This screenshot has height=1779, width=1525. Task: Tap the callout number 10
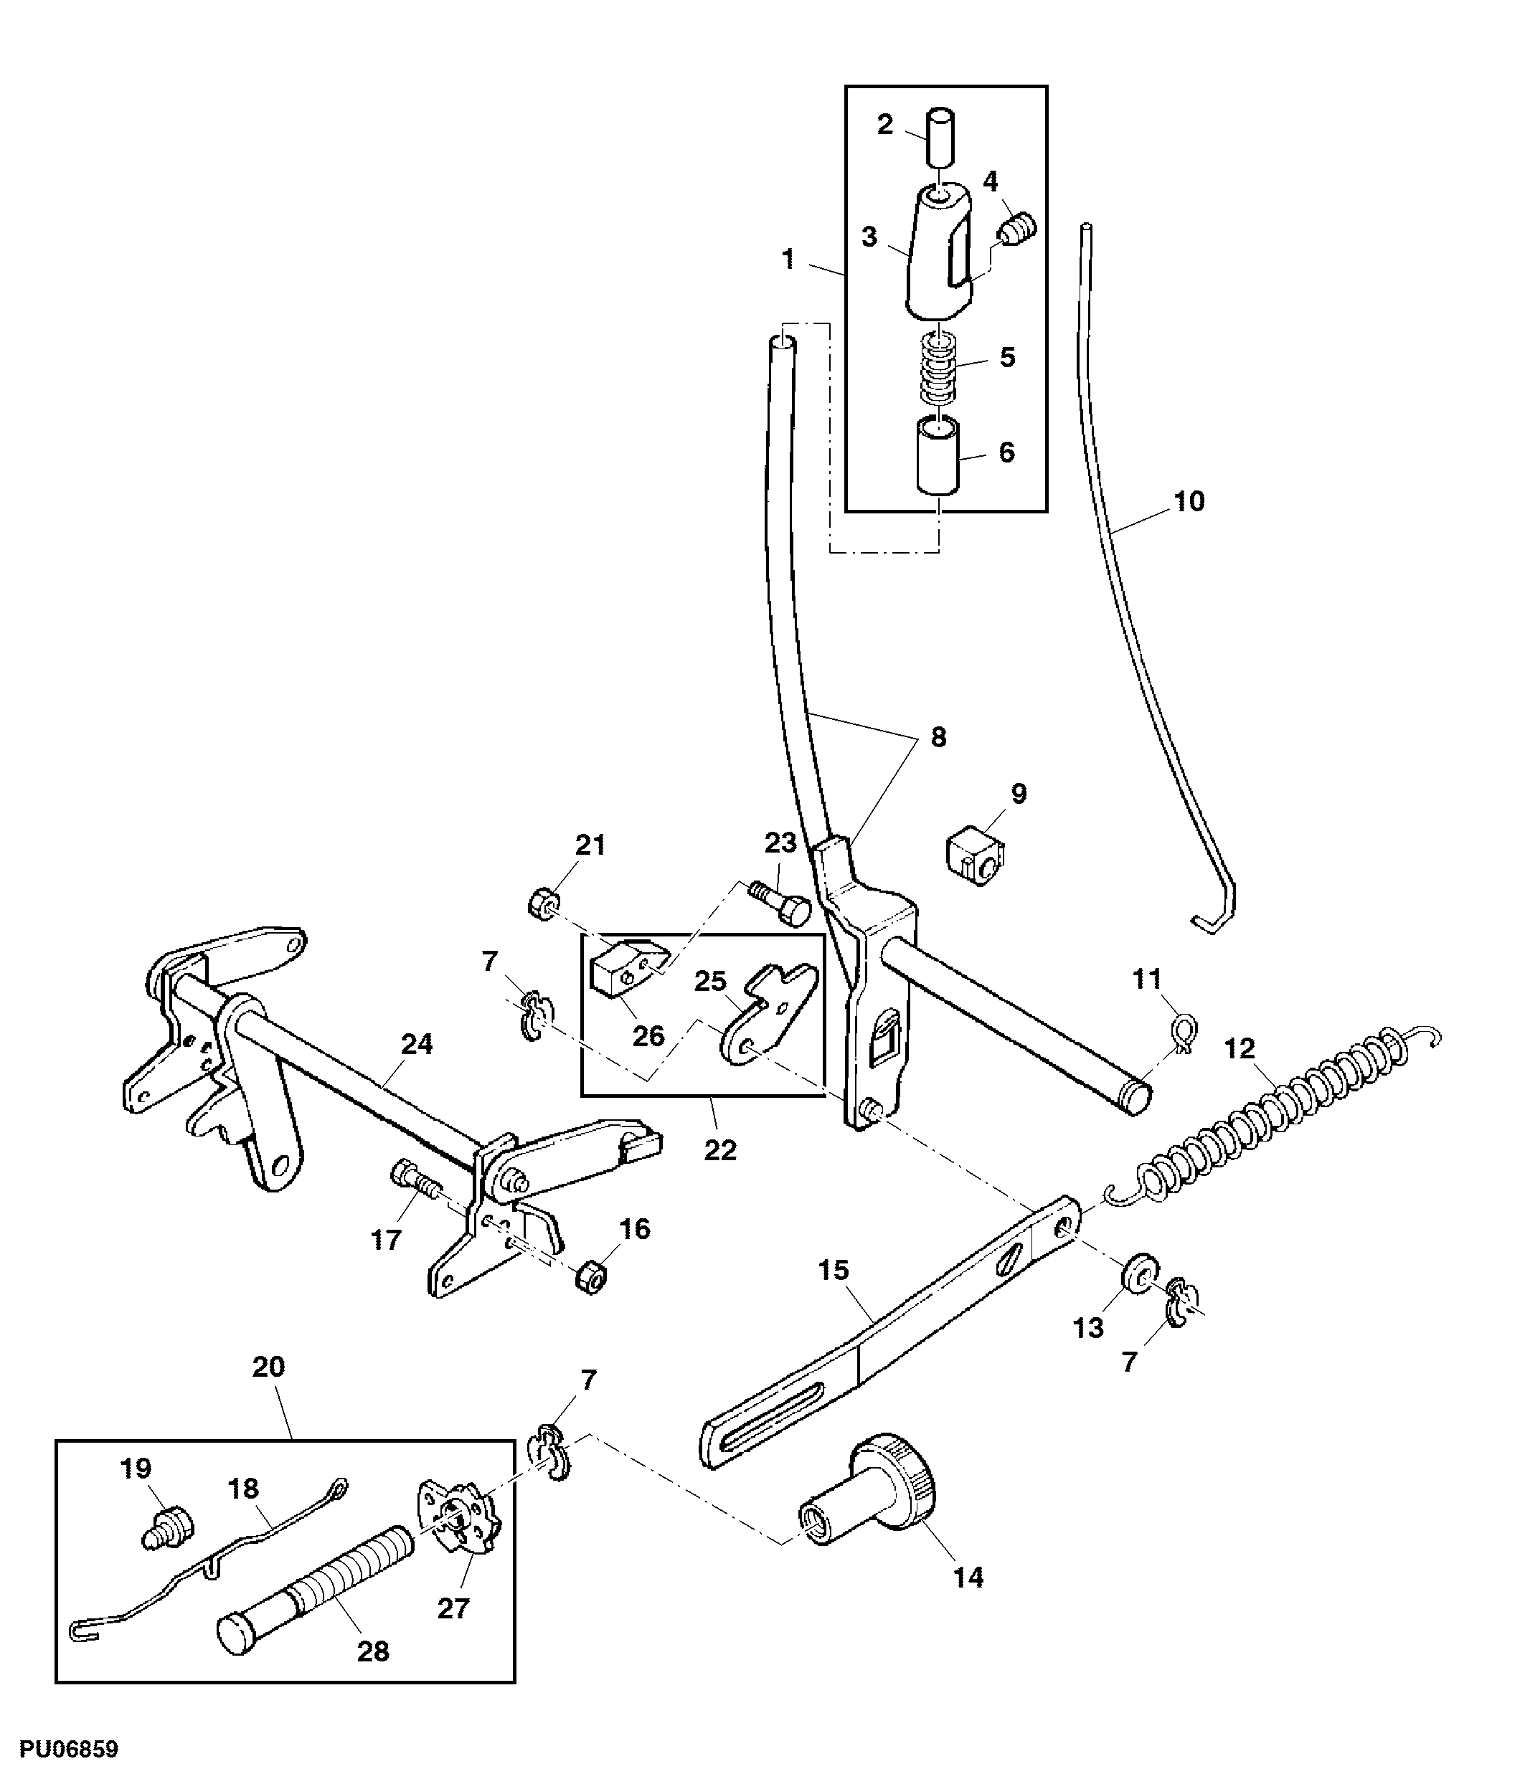point(1189,501)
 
